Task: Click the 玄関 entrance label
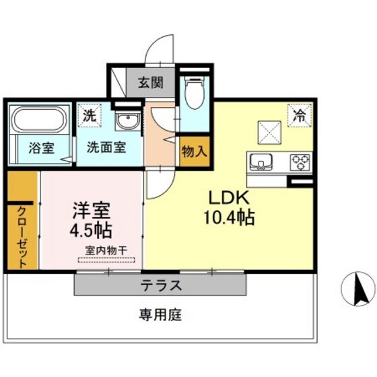(x=151, y=83)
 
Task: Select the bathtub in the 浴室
(x=38, y=122)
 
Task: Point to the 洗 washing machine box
(x=90, y=116)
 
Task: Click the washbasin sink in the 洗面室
(x=127, y=122)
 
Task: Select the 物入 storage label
(x=194, y=151)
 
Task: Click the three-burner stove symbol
(x=300, y=162)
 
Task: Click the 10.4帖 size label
(x=229, y=218)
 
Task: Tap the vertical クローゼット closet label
(x=22, y=236)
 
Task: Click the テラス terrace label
(x=161, y=285)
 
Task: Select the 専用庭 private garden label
(x=161, y=314)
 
